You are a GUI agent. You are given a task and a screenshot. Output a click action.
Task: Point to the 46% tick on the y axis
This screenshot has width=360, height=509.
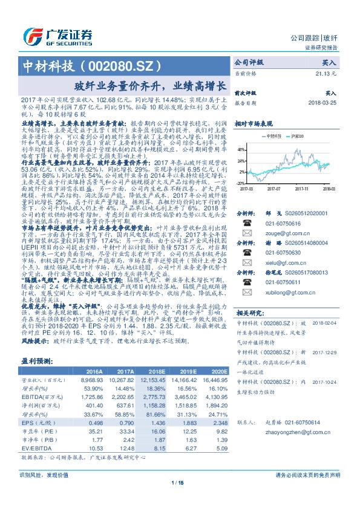(x=240, y=149)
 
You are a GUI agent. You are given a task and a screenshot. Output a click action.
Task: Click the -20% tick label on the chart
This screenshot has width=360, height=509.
(x=240, y=183)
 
